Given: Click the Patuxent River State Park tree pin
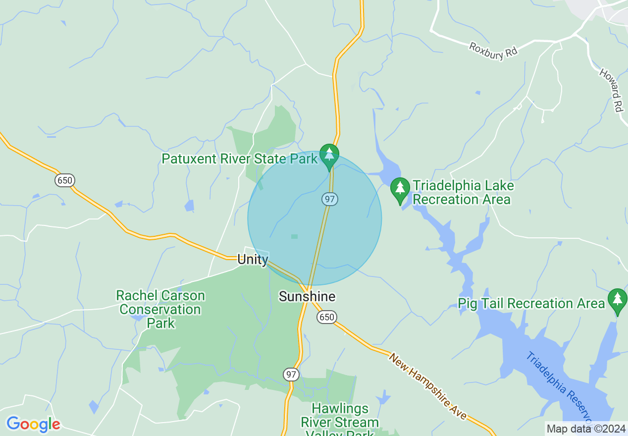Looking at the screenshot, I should (x=329, y=155).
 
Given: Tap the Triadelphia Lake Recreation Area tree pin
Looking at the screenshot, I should (x=400, y=189).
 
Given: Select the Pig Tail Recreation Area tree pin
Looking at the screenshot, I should (x=617, y=300).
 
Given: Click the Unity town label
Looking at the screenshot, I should (x=253, y=259).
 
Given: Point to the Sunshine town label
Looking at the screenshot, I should (x=307, y=296).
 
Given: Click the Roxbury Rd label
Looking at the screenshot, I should (x=493, y=51).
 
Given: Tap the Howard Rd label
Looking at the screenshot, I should (x=611, y=90).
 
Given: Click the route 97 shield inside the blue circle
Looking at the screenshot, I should (x=329, y=199).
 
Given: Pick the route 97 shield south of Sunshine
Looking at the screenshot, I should (x=291, y=375).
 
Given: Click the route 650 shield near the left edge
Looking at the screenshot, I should (x=64, y=180).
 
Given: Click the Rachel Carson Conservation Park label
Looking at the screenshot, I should (x=160, y=309).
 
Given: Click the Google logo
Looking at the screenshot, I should (x=33, y=424).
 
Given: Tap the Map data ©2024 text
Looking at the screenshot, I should (x=586, y=429).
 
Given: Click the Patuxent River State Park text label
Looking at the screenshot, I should (x=239, y=159).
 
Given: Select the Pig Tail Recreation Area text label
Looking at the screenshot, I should (x=531, y=303).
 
